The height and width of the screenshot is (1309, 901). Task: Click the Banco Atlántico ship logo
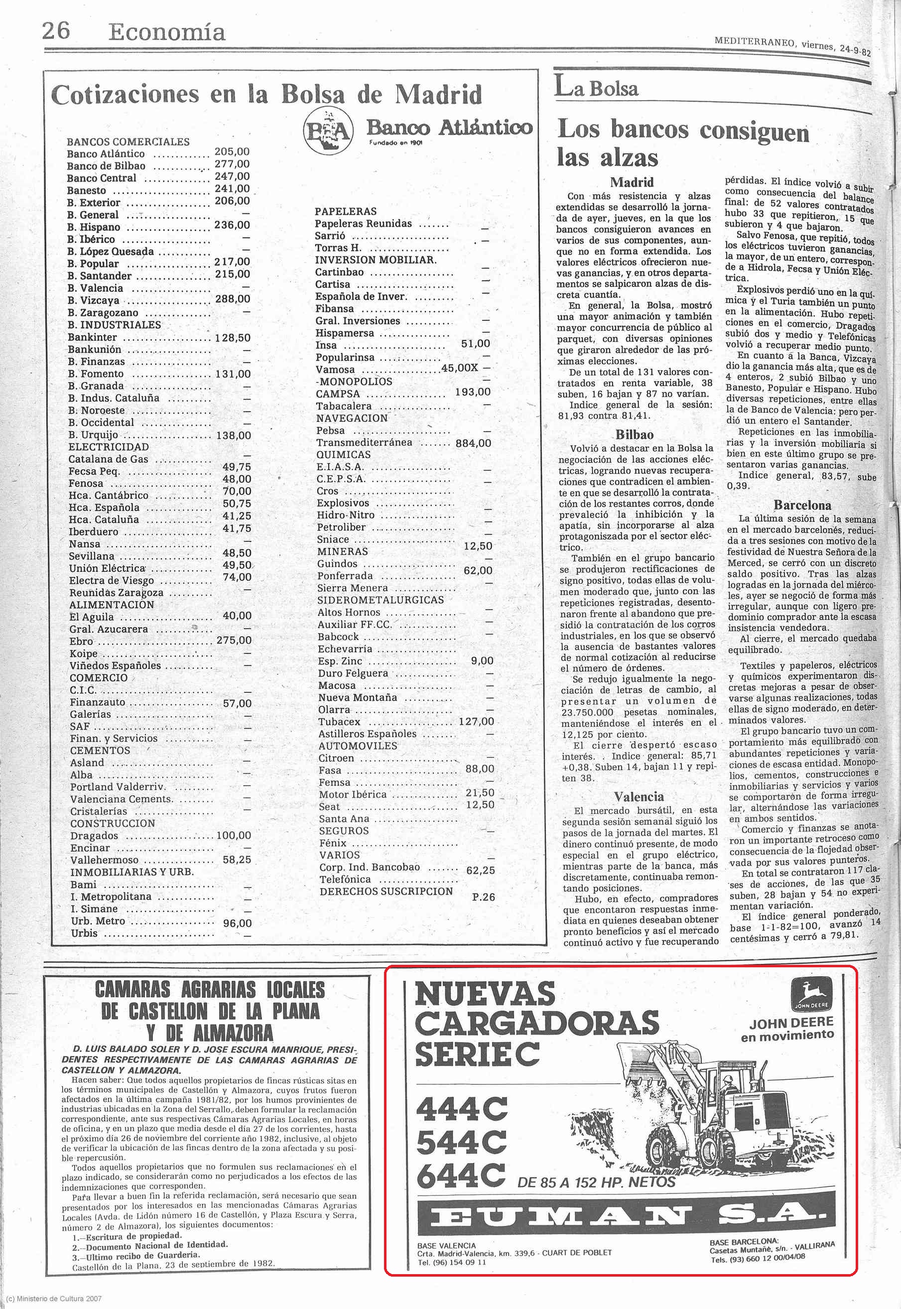coord(328,132)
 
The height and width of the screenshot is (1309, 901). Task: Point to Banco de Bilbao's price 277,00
coord(232,164)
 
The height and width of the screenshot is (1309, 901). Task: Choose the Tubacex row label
coord(339,722)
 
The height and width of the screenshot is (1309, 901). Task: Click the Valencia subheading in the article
coord(639,796)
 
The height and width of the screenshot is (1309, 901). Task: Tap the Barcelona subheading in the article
coord(802,505)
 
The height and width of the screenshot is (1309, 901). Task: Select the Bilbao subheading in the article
coord(635,435)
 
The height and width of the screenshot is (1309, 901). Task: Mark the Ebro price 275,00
coord(234,640)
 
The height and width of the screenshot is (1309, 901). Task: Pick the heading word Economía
coord(166,32)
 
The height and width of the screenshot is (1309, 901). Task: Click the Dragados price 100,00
coord(234,835)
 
